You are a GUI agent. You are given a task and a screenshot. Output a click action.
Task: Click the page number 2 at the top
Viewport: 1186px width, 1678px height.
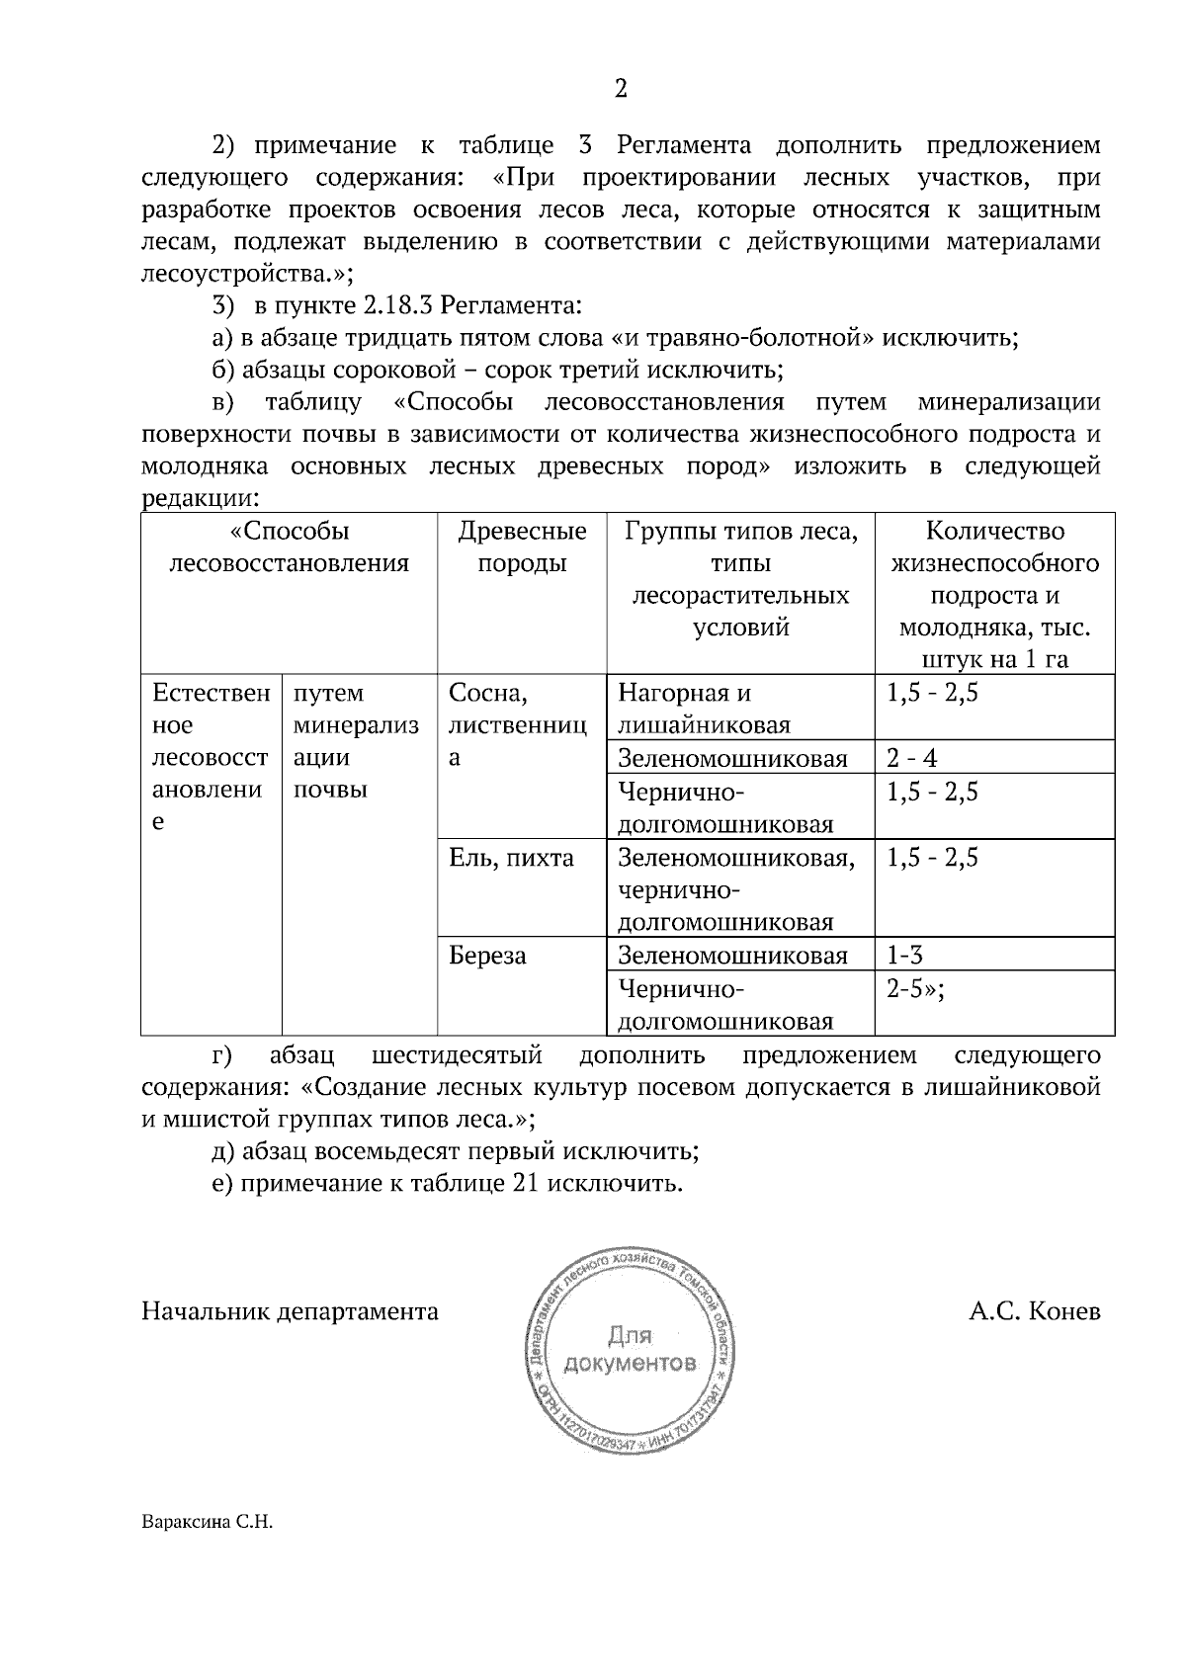click(621, 90)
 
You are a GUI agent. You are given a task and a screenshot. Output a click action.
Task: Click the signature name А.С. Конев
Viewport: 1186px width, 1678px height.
click(1034, 1311)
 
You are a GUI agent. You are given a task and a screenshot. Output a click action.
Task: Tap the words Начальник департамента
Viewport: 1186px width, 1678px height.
click(290, 1311)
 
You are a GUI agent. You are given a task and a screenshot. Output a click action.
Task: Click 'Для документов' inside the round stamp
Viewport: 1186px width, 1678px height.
click(629, 1351)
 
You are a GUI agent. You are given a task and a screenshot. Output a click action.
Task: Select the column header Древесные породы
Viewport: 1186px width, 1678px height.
click(522, 547)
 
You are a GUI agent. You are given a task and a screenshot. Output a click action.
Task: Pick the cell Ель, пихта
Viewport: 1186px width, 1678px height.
click(511, 858)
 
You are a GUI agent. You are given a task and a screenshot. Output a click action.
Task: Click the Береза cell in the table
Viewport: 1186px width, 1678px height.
click(487, 957)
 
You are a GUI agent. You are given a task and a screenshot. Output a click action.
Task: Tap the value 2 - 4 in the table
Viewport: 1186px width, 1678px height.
click(911, 758)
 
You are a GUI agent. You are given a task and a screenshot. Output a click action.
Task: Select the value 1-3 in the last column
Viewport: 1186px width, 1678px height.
click(904, 956)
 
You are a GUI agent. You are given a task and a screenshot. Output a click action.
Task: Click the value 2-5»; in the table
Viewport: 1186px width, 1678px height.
click(914, 989)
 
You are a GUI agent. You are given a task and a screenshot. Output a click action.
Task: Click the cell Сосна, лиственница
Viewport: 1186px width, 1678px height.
click(517, 725)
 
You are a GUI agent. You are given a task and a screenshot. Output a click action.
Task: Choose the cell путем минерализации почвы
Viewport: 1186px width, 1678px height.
click(356, 741)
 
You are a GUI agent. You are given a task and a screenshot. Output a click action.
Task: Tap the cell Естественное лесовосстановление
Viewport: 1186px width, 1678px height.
click(210, 758)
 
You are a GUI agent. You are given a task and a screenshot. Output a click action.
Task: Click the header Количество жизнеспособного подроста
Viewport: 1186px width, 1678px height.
click(994, 579)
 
